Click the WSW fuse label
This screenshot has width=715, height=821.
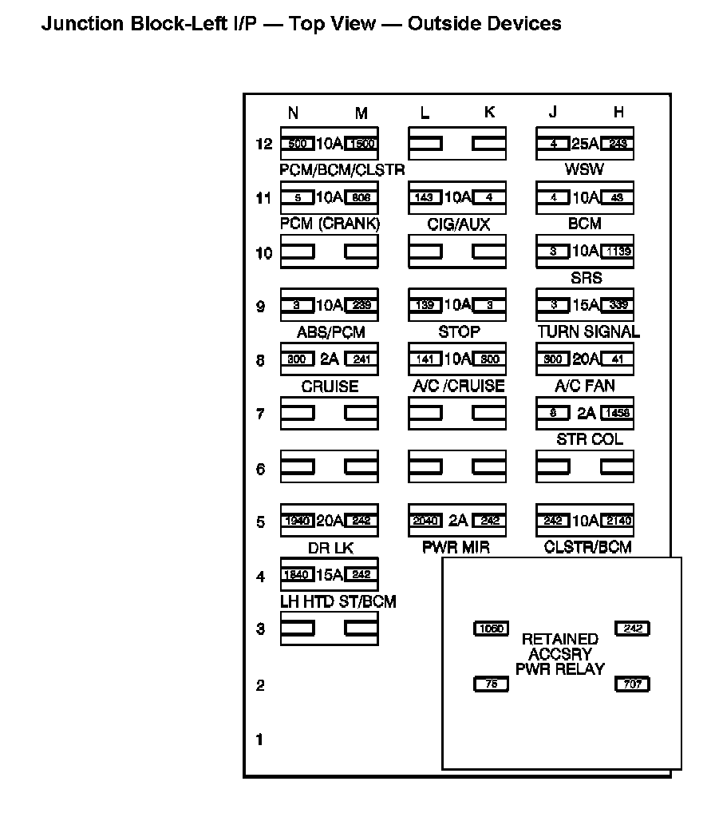(584, 169)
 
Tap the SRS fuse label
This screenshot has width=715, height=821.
(586, 278)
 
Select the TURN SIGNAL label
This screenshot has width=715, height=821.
(589, 331)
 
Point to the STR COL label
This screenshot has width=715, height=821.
(590, 439)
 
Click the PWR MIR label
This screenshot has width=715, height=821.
(456, 547)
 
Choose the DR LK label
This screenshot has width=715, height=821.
(330, 548)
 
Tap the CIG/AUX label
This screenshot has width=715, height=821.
(457, 224)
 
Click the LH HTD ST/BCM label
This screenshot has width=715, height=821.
(338, 601)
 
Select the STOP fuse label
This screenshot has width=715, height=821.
(459, 331)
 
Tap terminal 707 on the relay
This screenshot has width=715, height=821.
(632, 684)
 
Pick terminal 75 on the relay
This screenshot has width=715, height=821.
(491, 684)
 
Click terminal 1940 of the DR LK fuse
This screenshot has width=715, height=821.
(298, 522)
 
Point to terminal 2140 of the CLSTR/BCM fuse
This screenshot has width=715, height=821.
(617, 522)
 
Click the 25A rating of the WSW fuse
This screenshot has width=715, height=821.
(585, 144)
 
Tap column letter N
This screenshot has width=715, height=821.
(293, 113)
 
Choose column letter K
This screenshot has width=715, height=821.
(489, 113)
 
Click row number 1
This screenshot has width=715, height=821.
(259, 740)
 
